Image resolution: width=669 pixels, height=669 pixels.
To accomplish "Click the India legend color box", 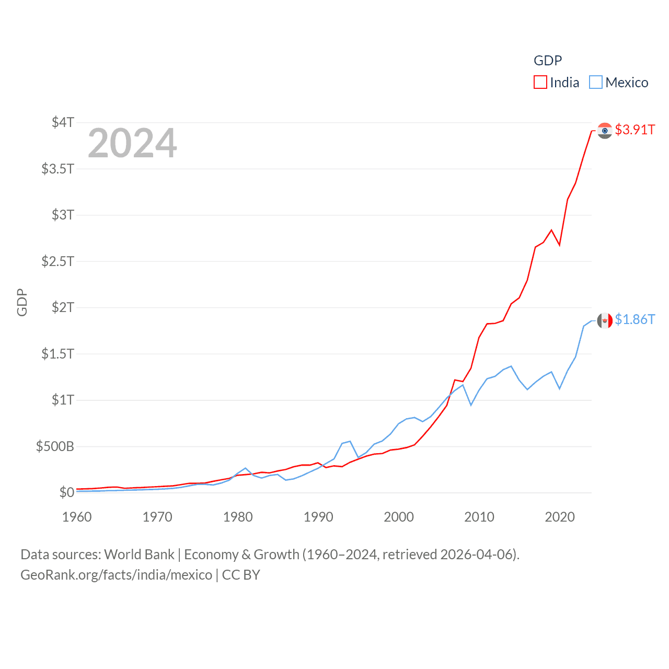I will point(540,83).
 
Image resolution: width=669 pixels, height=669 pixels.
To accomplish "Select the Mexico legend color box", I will point(595,83).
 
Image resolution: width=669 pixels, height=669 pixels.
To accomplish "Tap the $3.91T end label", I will point(635,130).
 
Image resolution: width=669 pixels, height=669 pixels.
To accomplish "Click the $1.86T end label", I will point(635,319).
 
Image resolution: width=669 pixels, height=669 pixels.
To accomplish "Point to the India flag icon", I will point(605,130).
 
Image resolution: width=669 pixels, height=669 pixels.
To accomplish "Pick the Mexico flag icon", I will point(605,320).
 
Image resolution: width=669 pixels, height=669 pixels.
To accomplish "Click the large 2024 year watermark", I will point(132,143).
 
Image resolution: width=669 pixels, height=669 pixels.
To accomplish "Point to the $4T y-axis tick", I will point(63,122).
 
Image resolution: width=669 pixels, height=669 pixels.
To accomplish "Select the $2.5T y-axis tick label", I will point(58,261).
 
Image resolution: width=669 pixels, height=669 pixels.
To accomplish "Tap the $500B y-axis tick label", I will point(55,446).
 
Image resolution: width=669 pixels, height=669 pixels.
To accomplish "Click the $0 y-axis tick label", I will point(66,492).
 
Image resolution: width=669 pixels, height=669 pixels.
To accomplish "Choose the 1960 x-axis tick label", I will point(77,517).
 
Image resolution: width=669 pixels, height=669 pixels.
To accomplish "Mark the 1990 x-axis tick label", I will point(318,517).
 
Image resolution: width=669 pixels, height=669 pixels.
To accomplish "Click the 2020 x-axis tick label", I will point(560,517).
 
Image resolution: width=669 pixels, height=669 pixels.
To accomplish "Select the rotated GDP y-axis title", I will point(22,302).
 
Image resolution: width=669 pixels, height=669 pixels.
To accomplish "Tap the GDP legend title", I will point(548,61).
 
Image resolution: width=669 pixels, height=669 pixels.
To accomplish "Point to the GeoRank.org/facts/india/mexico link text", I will point(116,575).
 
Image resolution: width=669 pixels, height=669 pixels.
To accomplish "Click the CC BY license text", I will point(241,575).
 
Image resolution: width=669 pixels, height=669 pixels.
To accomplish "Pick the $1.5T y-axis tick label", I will point(58,354).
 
